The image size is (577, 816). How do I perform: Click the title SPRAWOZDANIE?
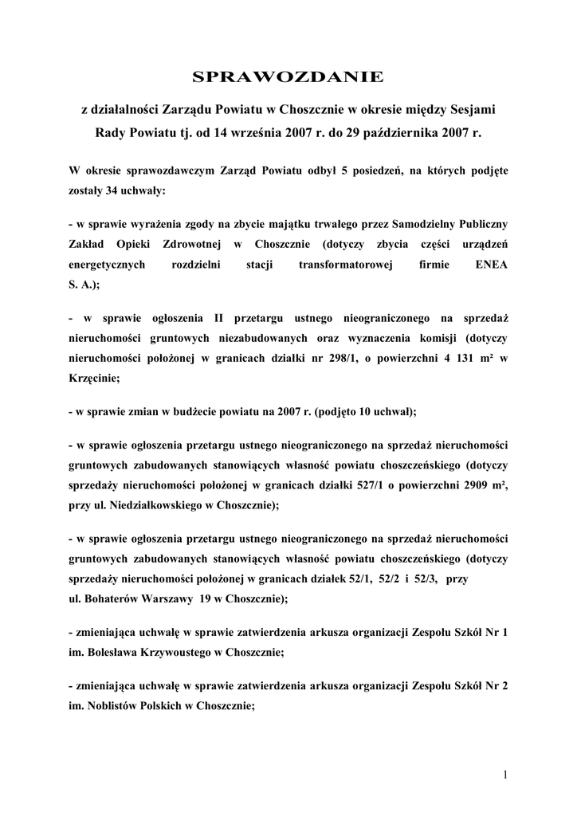click(x=288, y=76)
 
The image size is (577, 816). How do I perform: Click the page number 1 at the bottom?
click(x=506, y=774)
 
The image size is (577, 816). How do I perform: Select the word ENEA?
click(x=491, y=264)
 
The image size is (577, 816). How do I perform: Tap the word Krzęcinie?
click(x=92, y=379)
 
